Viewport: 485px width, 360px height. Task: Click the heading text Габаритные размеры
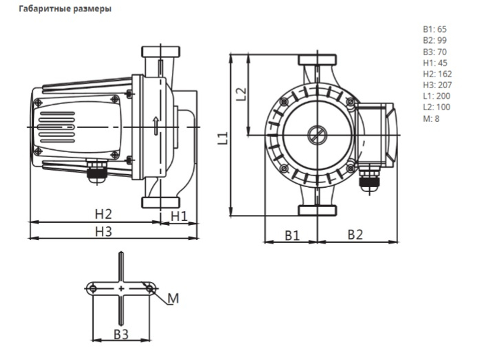coord(65,9)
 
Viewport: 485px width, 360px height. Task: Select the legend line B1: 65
coord(435,29)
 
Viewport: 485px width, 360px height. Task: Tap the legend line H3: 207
coord(437,85)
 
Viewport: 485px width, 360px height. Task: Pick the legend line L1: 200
coord(436,96)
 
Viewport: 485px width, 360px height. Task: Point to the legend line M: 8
coord(431,118)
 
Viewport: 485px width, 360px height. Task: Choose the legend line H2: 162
coord(437,74)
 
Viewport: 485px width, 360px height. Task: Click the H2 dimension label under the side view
coord(103,214)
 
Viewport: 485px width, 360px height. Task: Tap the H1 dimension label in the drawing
coord(179,216)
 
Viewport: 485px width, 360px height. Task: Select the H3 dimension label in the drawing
coord(103,231)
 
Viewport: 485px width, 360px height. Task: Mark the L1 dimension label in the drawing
coord(223,138)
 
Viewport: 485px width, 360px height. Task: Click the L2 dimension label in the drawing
coord(241,94)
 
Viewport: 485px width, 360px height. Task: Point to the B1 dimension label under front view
coord(292,236)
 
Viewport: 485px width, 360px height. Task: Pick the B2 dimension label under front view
coord(355,235)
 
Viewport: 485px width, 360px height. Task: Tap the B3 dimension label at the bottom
coord(121,335)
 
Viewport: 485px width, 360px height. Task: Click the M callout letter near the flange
coord(173,298)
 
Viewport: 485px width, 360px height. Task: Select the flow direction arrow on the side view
coord(156,126)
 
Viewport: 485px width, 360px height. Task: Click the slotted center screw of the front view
coord(317,135)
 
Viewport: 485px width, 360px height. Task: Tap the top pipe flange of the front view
coord(317,60)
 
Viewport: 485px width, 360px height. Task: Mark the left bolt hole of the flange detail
coord(93,289)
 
